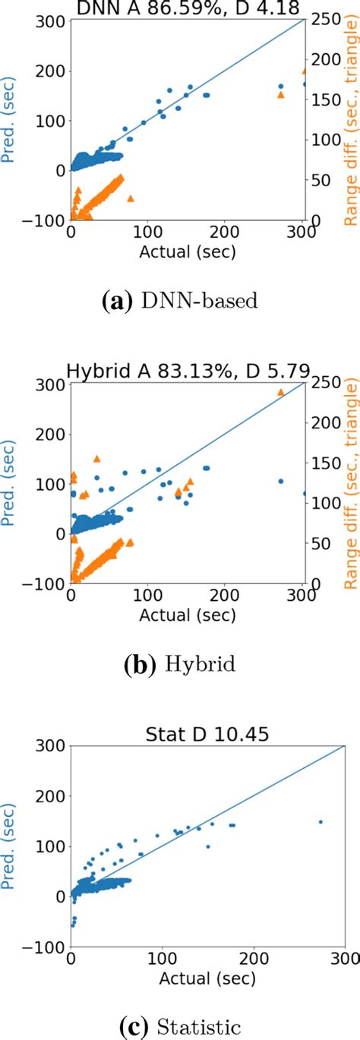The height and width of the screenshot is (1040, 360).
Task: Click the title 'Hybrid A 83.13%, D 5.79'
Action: pos(188,371)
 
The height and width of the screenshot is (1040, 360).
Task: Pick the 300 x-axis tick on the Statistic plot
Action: pos(344,959)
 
